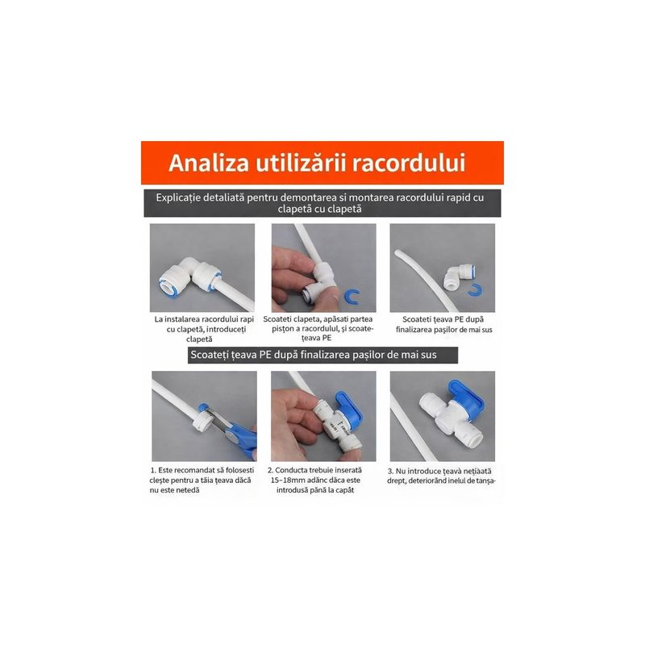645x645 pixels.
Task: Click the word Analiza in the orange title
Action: pyautogui.click(x=209, y=163)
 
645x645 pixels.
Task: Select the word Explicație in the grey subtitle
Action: pyautogui.click(x=178, y=198)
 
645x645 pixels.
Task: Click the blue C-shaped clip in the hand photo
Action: pyautogui.click(x=352, y=296)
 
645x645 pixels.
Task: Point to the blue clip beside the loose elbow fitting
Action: pyautogui.click(x=475, y=289)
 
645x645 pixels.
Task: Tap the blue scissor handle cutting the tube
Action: pyautogui.click(x=242, y=439)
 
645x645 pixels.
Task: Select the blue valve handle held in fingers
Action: pyautogui.click(x=349, y=410)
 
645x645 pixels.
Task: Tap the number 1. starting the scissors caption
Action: pyautogui.click(x=153, y=470)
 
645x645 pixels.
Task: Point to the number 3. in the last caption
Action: pyautogui.click(x=390, y=471)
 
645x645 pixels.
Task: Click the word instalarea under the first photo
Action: pyautogui.click(x=183, y=319)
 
